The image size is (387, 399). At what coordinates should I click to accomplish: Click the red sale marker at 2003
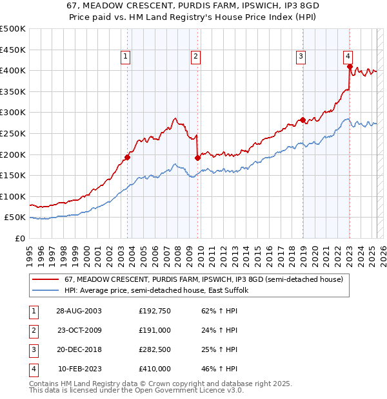click(128, 157)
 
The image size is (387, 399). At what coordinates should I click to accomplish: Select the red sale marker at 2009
click(197, 158)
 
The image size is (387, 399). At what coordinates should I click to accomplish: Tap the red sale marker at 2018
click(302, 120)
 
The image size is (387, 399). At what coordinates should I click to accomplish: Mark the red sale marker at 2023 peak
click(349, 66)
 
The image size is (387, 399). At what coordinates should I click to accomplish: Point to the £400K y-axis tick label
click(13, 70)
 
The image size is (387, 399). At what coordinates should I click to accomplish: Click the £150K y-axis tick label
click(13, 175)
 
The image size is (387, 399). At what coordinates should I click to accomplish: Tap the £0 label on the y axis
click(20, 238)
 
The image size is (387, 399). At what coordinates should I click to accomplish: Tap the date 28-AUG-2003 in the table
click(79, 311)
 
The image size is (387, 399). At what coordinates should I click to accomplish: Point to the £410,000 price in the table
click(155, 369)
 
